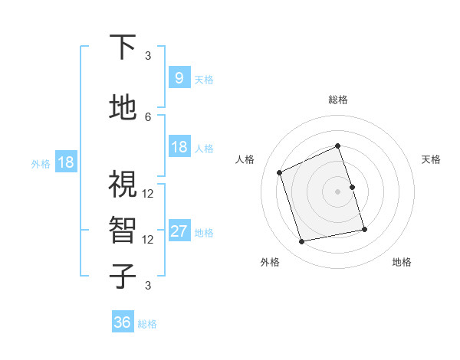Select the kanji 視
click(x=123, y=185)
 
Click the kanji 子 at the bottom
click(x=123, y=276)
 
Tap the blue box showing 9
click(x=179, y=78)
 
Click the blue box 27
click(x=179, y=231)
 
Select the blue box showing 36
click(x=123, y=322)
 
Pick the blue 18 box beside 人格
click(x=179, y=147)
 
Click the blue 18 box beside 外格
click(x=65, y=162)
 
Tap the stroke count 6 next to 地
click(x=148, y=116)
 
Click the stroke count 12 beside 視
click(x=148, y=193)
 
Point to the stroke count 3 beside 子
click(x=148, y=286)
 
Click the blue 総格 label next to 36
click(x=147, y=324)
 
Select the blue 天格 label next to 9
click(x=204, y=79)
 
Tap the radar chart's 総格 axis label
click(x=337, y=100)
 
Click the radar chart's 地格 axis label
click(x=402, y=263)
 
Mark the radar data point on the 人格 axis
click(x=280, y=172)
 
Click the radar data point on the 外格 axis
click(x=302, y=241)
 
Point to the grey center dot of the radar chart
click(x=337, y=191)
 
